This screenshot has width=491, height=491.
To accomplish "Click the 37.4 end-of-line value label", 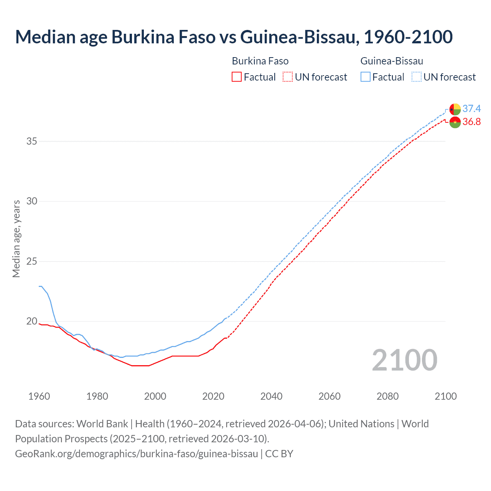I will [471, 109].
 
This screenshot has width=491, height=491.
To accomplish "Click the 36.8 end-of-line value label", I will [471, 122].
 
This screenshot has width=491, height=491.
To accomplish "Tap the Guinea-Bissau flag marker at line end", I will [455, 109].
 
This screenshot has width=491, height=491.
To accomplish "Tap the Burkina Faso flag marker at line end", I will [455, 122].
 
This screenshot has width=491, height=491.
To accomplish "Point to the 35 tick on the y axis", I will [32, 141].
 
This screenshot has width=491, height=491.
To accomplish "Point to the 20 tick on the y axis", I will [32, 321].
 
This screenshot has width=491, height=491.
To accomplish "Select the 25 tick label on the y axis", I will [32, 262].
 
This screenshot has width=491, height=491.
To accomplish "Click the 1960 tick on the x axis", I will [39, 396].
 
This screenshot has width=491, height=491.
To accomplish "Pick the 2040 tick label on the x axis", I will [271, 396].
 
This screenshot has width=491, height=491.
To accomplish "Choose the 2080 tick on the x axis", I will [387, 396].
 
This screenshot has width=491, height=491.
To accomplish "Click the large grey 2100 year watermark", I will [404, 360].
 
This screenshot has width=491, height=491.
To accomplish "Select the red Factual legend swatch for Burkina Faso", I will [237, 77].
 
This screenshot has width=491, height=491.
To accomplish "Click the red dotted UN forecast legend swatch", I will [288, 77].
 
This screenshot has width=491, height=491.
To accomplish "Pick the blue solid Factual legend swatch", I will [366, 77].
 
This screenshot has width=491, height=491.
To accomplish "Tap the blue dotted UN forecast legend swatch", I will [416, 77].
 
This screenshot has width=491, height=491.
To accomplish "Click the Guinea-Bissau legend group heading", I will [392, 61].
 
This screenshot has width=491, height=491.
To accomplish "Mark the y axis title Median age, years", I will [16, 239].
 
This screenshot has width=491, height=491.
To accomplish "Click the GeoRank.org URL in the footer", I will [136, 454].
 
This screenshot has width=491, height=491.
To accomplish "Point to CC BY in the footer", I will [279, 454].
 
